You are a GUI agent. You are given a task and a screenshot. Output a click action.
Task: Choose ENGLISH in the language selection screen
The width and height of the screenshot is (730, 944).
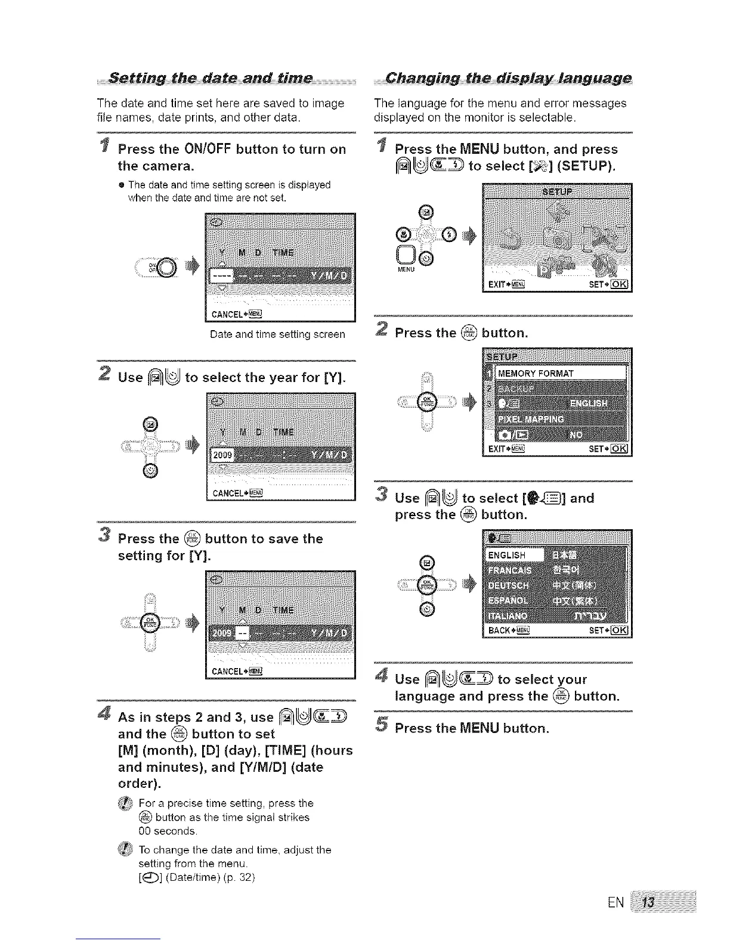(507, 555)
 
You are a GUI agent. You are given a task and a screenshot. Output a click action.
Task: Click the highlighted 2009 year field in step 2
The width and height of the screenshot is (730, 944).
(221, 456)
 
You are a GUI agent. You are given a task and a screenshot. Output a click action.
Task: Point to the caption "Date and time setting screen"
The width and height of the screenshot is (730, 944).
(277, 334)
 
